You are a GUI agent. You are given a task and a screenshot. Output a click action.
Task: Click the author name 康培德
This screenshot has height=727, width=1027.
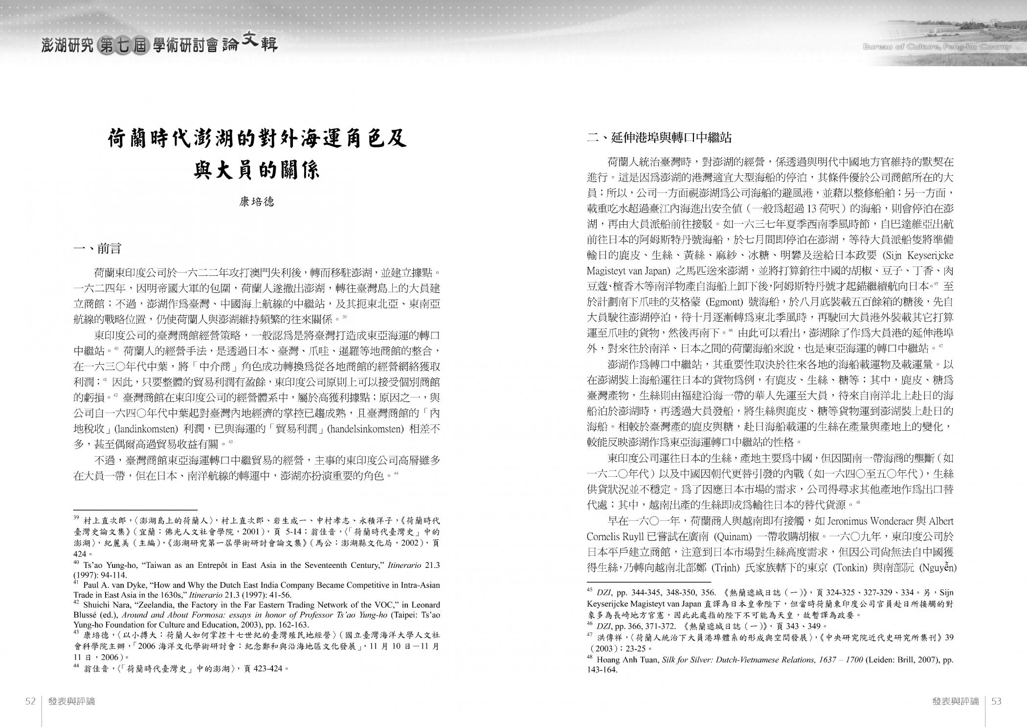(257, 202)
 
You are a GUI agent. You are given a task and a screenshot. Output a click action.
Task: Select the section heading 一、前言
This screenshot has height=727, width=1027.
(97, 249)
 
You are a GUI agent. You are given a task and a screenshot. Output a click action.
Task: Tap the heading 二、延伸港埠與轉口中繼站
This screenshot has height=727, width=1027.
(659, 138)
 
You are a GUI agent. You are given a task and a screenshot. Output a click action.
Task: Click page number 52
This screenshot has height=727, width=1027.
(30, 701)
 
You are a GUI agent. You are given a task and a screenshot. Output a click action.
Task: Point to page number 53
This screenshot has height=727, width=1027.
(996, 701)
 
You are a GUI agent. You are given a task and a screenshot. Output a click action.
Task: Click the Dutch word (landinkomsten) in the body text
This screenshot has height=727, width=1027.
(145, 429)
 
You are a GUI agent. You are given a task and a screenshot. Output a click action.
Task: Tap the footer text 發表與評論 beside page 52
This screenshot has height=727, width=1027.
(71, 701)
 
